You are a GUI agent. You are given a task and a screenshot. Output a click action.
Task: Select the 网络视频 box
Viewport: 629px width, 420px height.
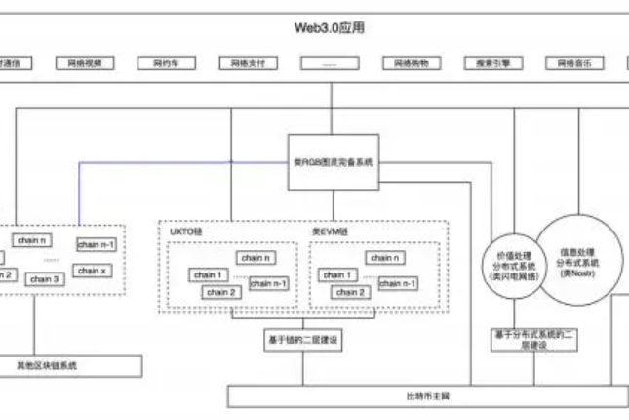point(84,63)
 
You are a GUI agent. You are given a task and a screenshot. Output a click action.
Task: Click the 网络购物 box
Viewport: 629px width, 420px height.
point(411,63)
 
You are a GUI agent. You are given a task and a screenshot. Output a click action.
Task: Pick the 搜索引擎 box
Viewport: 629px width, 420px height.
point(492,63)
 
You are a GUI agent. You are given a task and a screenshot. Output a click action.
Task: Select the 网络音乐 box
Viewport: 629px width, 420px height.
point(574,63)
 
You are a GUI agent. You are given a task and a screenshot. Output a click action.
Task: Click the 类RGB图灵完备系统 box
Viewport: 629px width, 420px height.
point(332,160)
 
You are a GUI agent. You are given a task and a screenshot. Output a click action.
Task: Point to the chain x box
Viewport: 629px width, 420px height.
point(93,270)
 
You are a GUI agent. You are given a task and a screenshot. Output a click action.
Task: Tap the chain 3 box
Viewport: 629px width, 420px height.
point(41,279)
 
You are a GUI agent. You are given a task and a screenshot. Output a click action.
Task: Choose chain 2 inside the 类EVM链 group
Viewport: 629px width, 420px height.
point(350,292)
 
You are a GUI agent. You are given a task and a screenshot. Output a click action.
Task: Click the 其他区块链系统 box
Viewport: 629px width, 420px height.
point(47,365)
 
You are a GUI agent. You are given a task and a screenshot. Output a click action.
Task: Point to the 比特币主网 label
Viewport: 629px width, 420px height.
point(427,396)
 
